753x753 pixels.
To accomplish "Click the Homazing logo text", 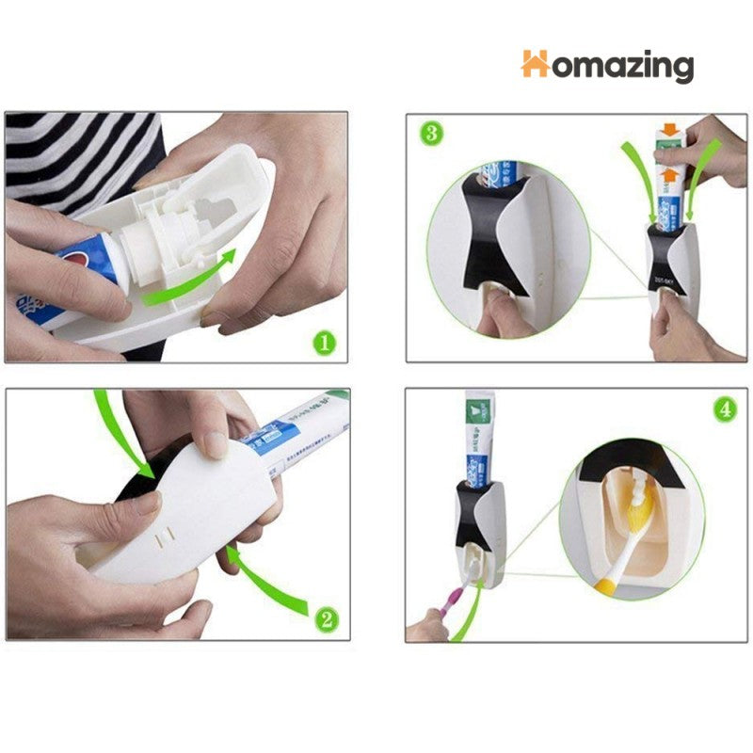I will [x=608, y=66].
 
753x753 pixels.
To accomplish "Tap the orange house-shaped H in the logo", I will [x=535, y=63].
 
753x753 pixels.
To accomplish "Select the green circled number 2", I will [x=324, y=618].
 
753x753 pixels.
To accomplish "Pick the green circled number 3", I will [x=431, y=133].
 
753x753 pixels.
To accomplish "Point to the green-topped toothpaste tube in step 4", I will [x=477, y=433].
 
